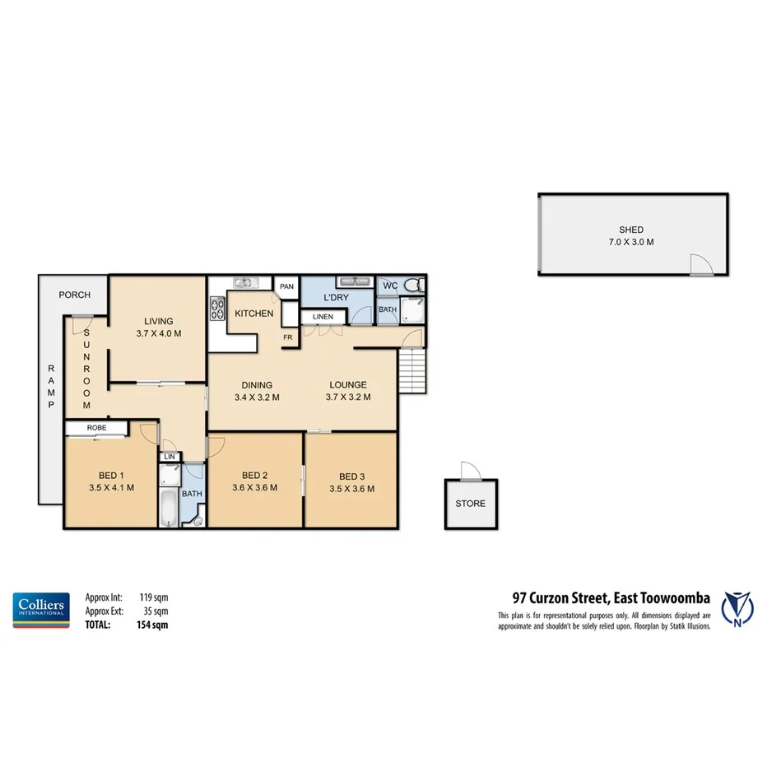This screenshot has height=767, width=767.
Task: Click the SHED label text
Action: pos(631,230)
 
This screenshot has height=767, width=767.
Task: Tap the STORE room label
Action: pos(470,503)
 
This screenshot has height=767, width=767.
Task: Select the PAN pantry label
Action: pos(286,286)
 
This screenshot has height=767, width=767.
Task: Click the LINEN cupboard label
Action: pos(322,317)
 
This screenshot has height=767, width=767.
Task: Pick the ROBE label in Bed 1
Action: pos(96,427)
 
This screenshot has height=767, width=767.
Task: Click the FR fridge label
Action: pos(289,337)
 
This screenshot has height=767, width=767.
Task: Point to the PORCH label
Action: pos(74,295)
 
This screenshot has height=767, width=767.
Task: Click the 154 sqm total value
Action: pos(152,625)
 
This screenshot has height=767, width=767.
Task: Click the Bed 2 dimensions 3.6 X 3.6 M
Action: pos(255,487)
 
